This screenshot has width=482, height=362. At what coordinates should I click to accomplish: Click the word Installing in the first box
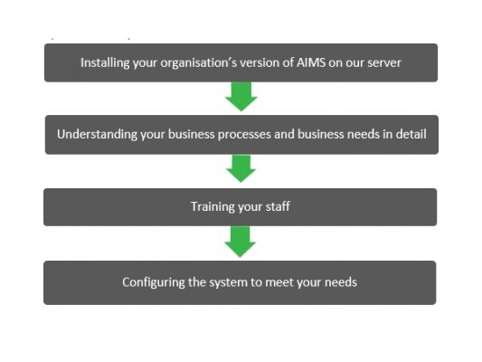point(102,63)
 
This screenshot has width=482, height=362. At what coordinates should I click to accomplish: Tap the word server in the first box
point(381,63)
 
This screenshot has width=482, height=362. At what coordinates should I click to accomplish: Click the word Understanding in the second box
point(92,134)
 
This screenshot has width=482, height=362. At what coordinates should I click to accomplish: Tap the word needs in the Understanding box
point(358,134)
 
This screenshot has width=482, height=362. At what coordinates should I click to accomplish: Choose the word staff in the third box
point(276,207)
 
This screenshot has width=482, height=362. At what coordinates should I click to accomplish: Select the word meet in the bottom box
point(279,281)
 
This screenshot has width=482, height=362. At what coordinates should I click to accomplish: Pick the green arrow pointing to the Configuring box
point(241,242)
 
